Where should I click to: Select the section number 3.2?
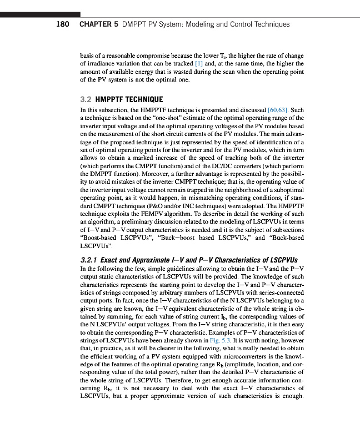(86, 100)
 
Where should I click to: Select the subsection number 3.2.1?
(91, 259)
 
